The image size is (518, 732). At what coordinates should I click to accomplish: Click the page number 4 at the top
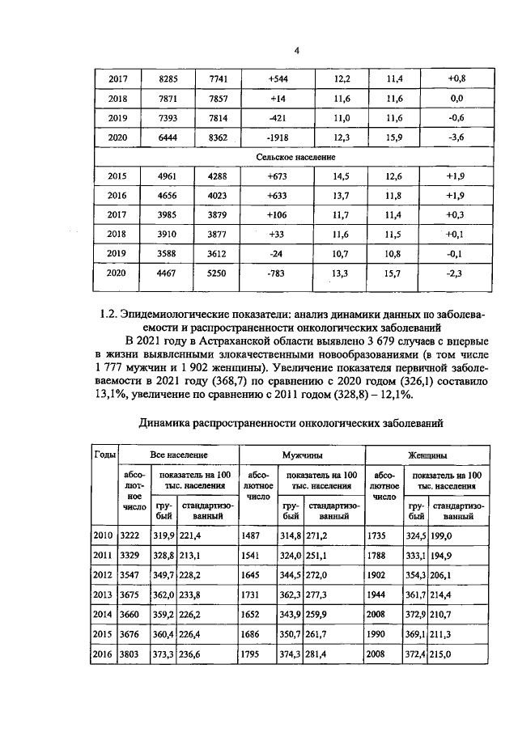(297, 50)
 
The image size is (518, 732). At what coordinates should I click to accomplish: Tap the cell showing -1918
(278, 138)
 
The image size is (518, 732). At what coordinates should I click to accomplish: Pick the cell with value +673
(278, 176)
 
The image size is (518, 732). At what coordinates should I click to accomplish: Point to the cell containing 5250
(219, 273)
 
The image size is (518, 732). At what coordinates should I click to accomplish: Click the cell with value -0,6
(455, 118)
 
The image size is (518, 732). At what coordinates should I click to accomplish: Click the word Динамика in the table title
(169, 422)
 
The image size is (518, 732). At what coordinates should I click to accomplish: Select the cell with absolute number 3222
(129, 536)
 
